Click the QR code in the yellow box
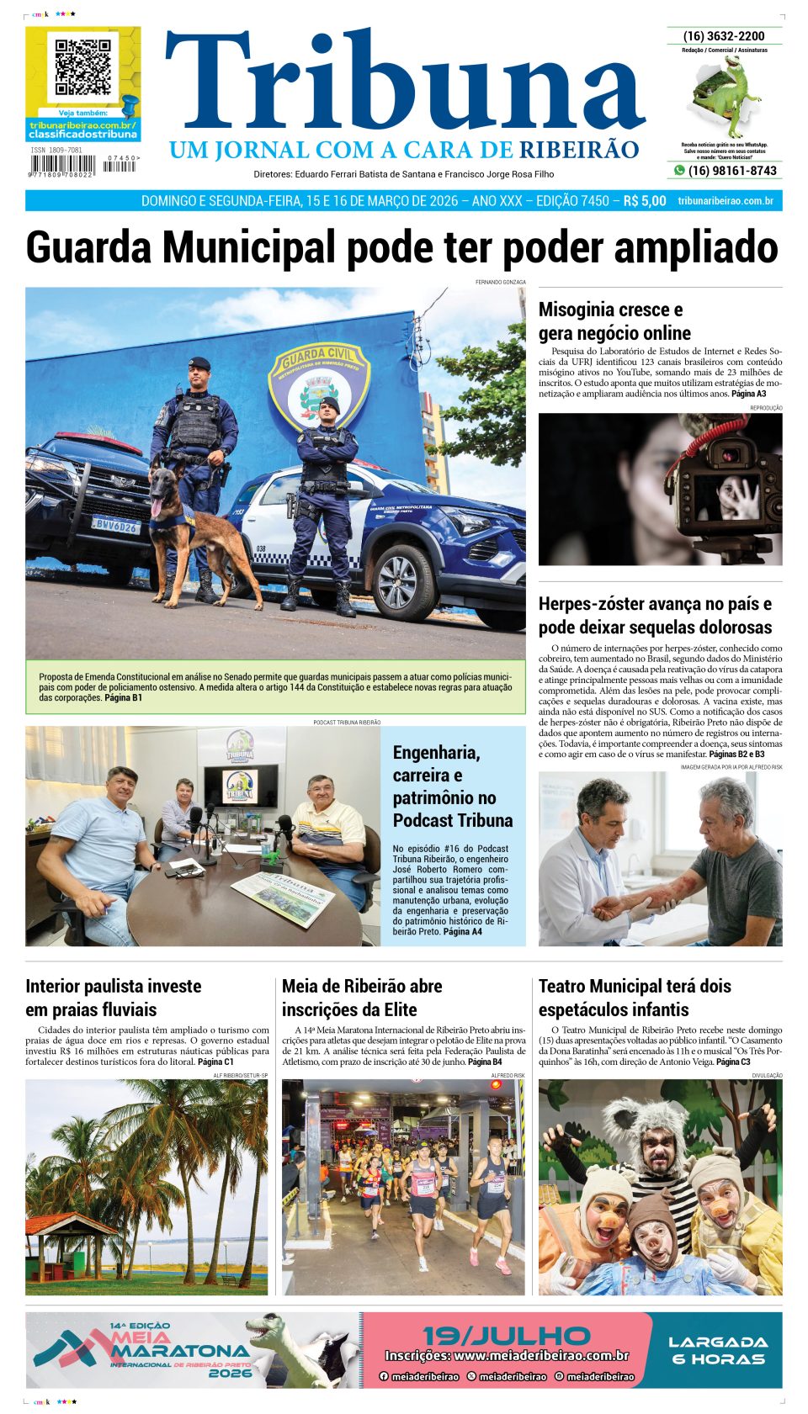(82, 67)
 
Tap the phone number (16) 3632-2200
(724, 36)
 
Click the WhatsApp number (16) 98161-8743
(732, 171)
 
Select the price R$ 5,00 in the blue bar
(644, 201)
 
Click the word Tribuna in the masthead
(405, 84)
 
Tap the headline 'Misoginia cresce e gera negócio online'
(614, 321)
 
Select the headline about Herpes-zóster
(655, 616)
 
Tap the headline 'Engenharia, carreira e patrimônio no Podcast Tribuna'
(453, 786)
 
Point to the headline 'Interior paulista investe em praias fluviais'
(113, 998)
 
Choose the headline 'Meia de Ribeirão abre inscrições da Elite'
(362, 998)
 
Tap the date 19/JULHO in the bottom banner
(507, 1336)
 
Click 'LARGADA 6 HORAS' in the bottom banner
(718, 1350)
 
